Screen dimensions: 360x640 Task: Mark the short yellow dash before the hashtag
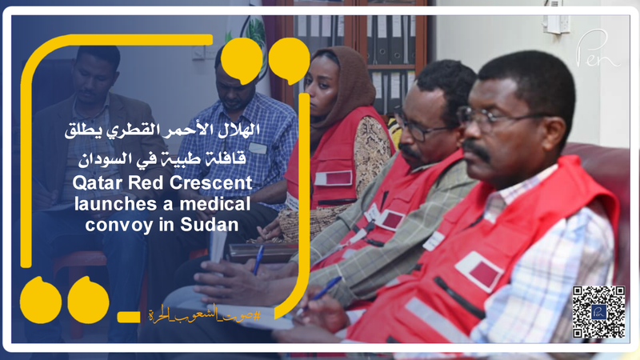129,316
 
